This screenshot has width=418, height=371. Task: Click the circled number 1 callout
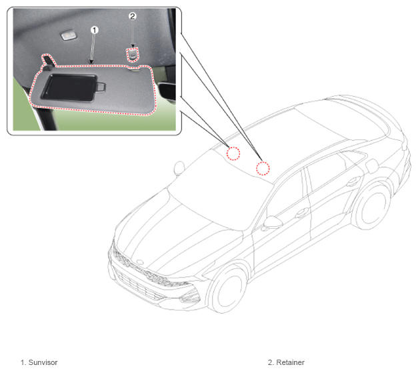[x=95, y=30]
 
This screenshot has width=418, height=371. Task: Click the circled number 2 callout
[x=133, y=17]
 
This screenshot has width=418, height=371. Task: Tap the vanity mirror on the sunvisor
[x=69, y=87]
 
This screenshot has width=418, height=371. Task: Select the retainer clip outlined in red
[x=133, y=54]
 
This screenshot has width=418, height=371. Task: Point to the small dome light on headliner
[x=66, y=36]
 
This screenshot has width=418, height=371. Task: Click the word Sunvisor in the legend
[x=43, y=362]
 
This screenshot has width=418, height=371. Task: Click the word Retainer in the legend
[x=290, y=362]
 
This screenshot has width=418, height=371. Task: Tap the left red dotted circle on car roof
[x=233, y=153]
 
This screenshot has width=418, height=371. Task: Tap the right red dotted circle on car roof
[x=263, y=168]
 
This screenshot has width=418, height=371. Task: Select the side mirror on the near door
[x=273, y=222]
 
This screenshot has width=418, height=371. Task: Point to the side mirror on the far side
[x=179, y=167]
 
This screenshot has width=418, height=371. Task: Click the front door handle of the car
[x=301, y=212]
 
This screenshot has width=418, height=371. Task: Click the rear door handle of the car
[x=353, y=181]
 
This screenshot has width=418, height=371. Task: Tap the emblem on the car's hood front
[x=140, y=262]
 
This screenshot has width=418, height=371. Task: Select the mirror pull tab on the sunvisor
[x=101, y=87]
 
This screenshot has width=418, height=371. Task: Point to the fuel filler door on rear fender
[x=372, y=165]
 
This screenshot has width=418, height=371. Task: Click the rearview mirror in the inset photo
[x=167, y=91]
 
